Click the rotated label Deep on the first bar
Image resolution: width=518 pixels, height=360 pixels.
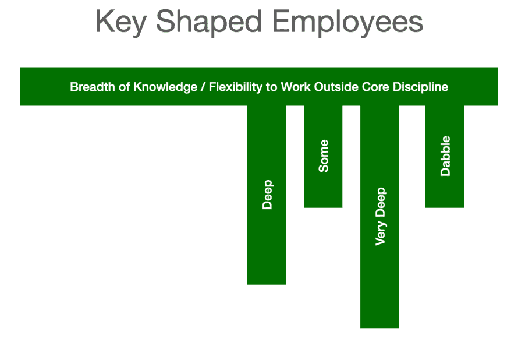point(267,195)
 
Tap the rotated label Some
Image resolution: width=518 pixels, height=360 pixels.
point(324,156)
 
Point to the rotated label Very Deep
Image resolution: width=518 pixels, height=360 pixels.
point(380,216)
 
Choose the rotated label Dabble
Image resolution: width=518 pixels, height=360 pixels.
point(445,156)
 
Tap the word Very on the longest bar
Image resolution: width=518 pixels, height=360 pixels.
point(380,233)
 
